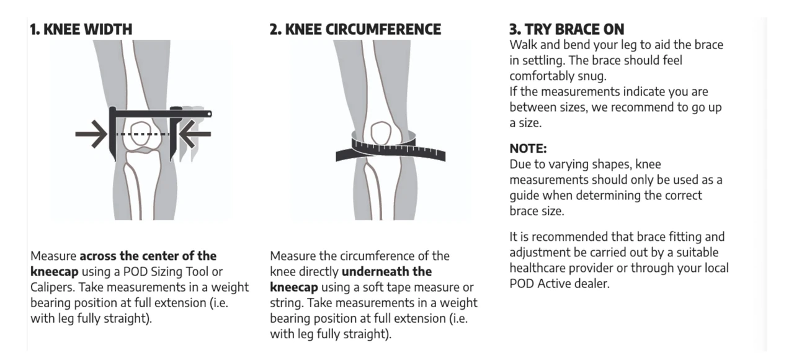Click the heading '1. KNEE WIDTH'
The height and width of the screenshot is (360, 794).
(x=81, y=29)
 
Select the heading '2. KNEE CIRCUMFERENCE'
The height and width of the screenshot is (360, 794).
(x=355, y=29)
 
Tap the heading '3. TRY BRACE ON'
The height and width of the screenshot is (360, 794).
(x=566, y=29)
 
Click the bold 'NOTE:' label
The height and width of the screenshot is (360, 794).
(x=528, y=148)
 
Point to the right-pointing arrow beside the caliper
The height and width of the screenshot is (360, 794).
(x=91, y=134)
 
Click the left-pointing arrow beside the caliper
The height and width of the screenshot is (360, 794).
(x=195, y=134)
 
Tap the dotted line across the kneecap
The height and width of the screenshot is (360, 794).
(x=143, y=134)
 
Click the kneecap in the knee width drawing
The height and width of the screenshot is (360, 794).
(x=141, y=133)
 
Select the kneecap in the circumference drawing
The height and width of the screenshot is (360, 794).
(x=381, y=133)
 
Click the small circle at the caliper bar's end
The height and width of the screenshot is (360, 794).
(x=209, y=114)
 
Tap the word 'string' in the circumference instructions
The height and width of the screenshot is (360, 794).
(x=286, y=304)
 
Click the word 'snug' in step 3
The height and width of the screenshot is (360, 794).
(x=591, y=76)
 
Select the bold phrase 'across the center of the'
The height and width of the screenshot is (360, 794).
(x=148, y=256)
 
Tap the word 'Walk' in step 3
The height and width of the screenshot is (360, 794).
(x=523, y=45)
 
